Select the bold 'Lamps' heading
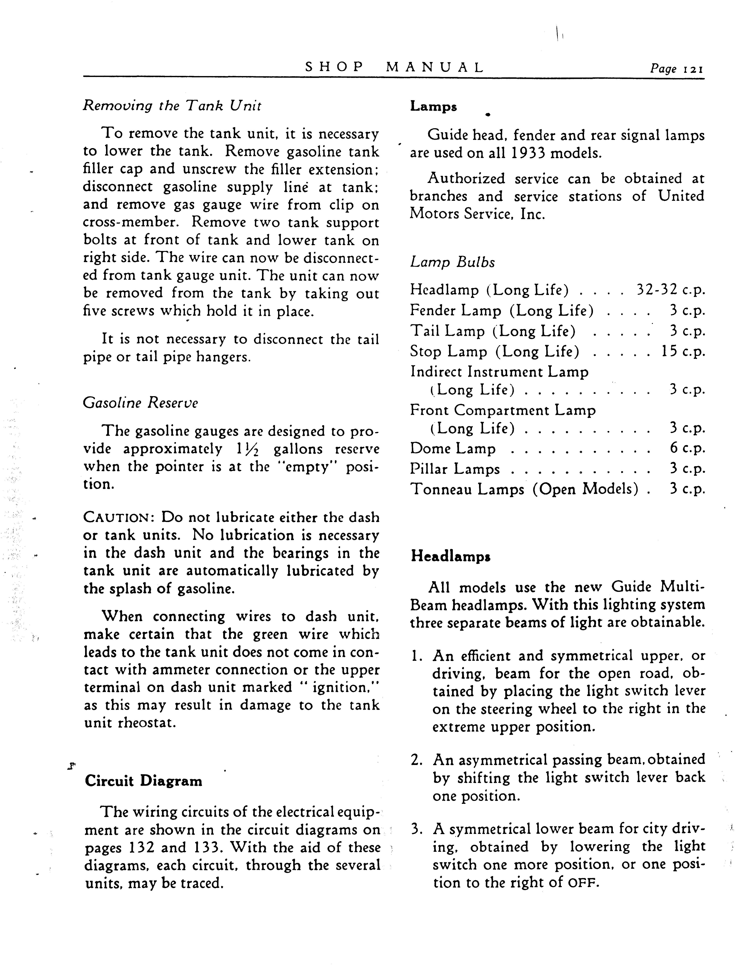433,107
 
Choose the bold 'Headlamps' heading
451,556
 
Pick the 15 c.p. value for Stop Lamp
683,351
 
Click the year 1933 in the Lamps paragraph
528,153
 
